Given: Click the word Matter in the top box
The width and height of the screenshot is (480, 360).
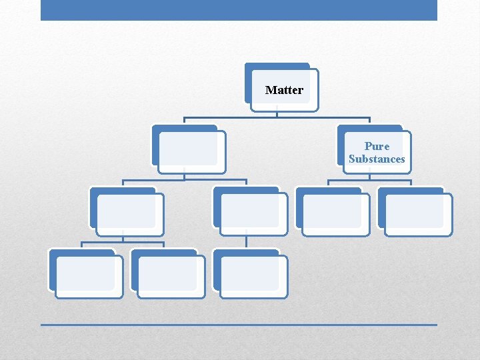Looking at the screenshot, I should click(284, 90).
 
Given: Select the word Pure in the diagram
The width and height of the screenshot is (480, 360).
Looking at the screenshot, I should click(377, 146).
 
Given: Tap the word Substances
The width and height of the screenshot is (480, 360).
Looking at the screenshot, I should click(377, 159).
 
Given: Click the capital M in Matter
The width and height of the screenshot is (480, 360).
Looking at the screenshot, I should click(270, 90).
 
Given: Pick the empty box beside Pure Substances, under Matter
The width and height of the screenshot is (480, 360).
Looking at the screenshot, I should click(189, 149).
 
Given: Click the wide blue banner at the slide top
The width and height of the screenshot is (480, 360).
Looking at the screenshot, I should click(239, 10).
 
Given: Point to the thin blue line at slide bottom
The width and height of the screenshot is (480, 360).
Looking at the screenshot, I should click(239, 325).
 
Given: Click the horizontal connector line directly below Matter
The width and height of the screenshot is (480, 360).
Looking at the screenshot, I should click(277, 118).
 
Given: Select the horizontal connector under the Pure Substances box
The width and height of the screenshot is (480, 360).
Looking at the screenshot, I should click(369, 180).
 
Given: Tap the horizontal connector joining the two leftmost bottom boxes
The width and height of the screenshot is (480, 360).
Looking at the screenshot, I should click(123, 242).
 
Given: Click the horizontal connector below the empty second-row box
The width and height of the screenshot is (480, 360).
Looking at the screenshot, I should click(185, 180).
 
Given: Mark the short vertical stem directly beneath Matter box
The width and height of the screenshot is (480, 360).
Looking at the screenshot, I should click(277, 114).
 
